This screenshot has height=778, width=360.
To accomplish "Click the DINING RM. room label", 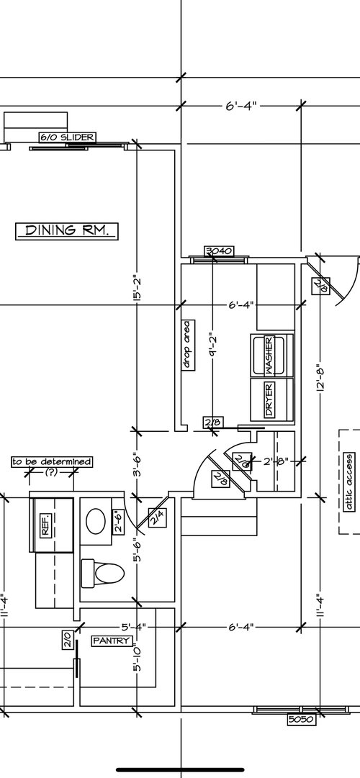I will pyautogui.click(x=67, y=230).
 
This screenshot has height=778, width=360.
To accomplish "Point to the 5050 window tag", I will pyautogui.click(x=302, y=719).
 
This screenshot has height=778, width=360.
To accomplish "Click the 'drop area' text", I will pyautogui.click(x=186, y=345).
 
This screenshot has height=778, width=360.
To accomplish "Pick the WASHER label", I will pyautogui.click(x=269, y=355).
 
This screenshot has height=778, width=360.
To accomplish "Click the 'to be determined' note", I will pyautogui.click(x=52, y=461).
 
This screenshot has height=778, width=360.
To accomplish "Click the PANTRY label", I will pyautogui.click(x=111, y=640).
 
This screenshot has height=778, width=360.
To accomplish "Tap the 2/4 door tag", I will pyautogui.click(x=156, y=515).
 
